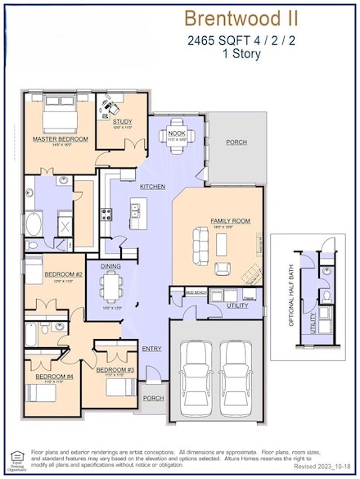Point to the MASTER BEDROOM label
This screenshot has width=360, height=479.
coord(60,139)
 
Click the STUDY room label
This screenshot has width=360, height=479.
coord(122,121)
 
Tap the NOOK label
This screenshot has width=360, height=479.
coord(177,133)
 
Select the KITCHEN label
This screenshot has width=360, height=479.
coord(152,187)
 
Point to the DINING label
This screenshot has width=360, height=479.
coord(111,266)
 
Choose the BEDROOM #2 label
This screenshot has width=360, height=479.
coord(63,273)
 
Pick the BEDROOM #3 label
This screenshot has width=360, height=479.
coord(115,369)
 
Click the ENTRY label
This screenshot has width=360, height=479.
coord(151,348)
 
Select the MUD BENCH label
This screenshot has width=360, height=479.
coord(195,291)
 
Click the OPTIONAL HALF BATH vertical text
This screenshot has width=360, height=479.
coord(291,297)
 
